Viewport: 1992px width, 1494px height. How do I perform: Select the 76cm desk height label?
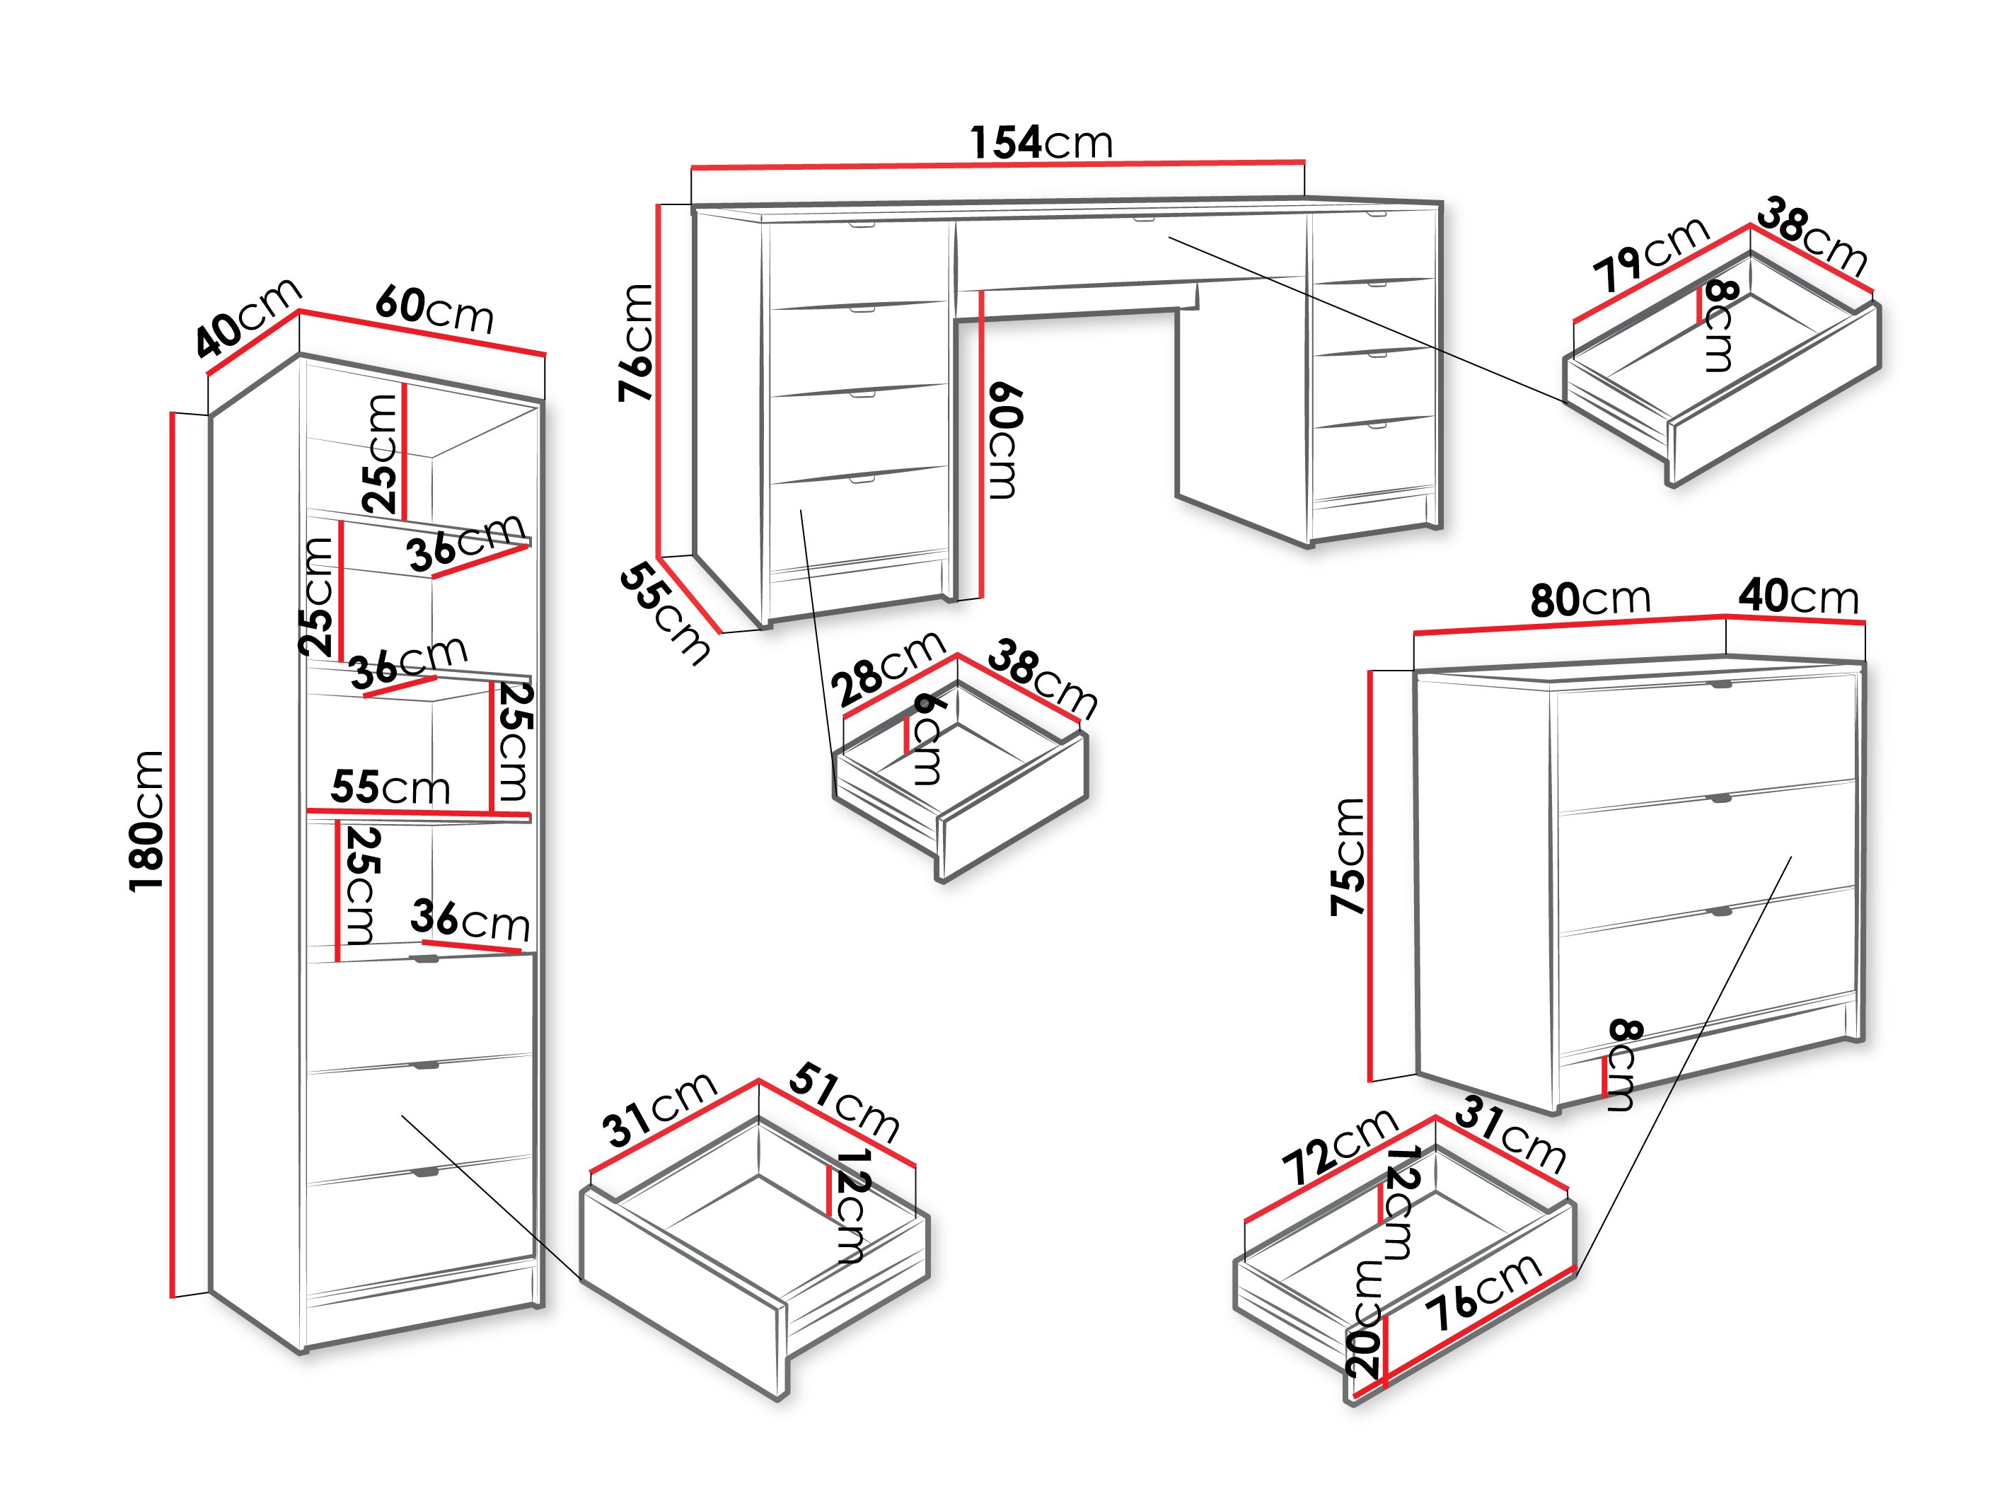coord(636,342)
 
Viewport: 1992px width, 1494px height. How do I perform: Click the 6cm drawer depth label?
coord(927,739)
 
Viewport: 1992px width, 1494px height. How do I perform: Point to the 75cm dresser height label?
coord(1348,857)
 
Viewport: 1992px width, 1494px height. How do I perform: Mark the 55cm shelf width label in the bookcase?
coord(390,787)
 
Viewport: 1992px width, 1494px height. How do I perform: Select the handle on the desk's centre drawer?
coord(1143,218)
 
